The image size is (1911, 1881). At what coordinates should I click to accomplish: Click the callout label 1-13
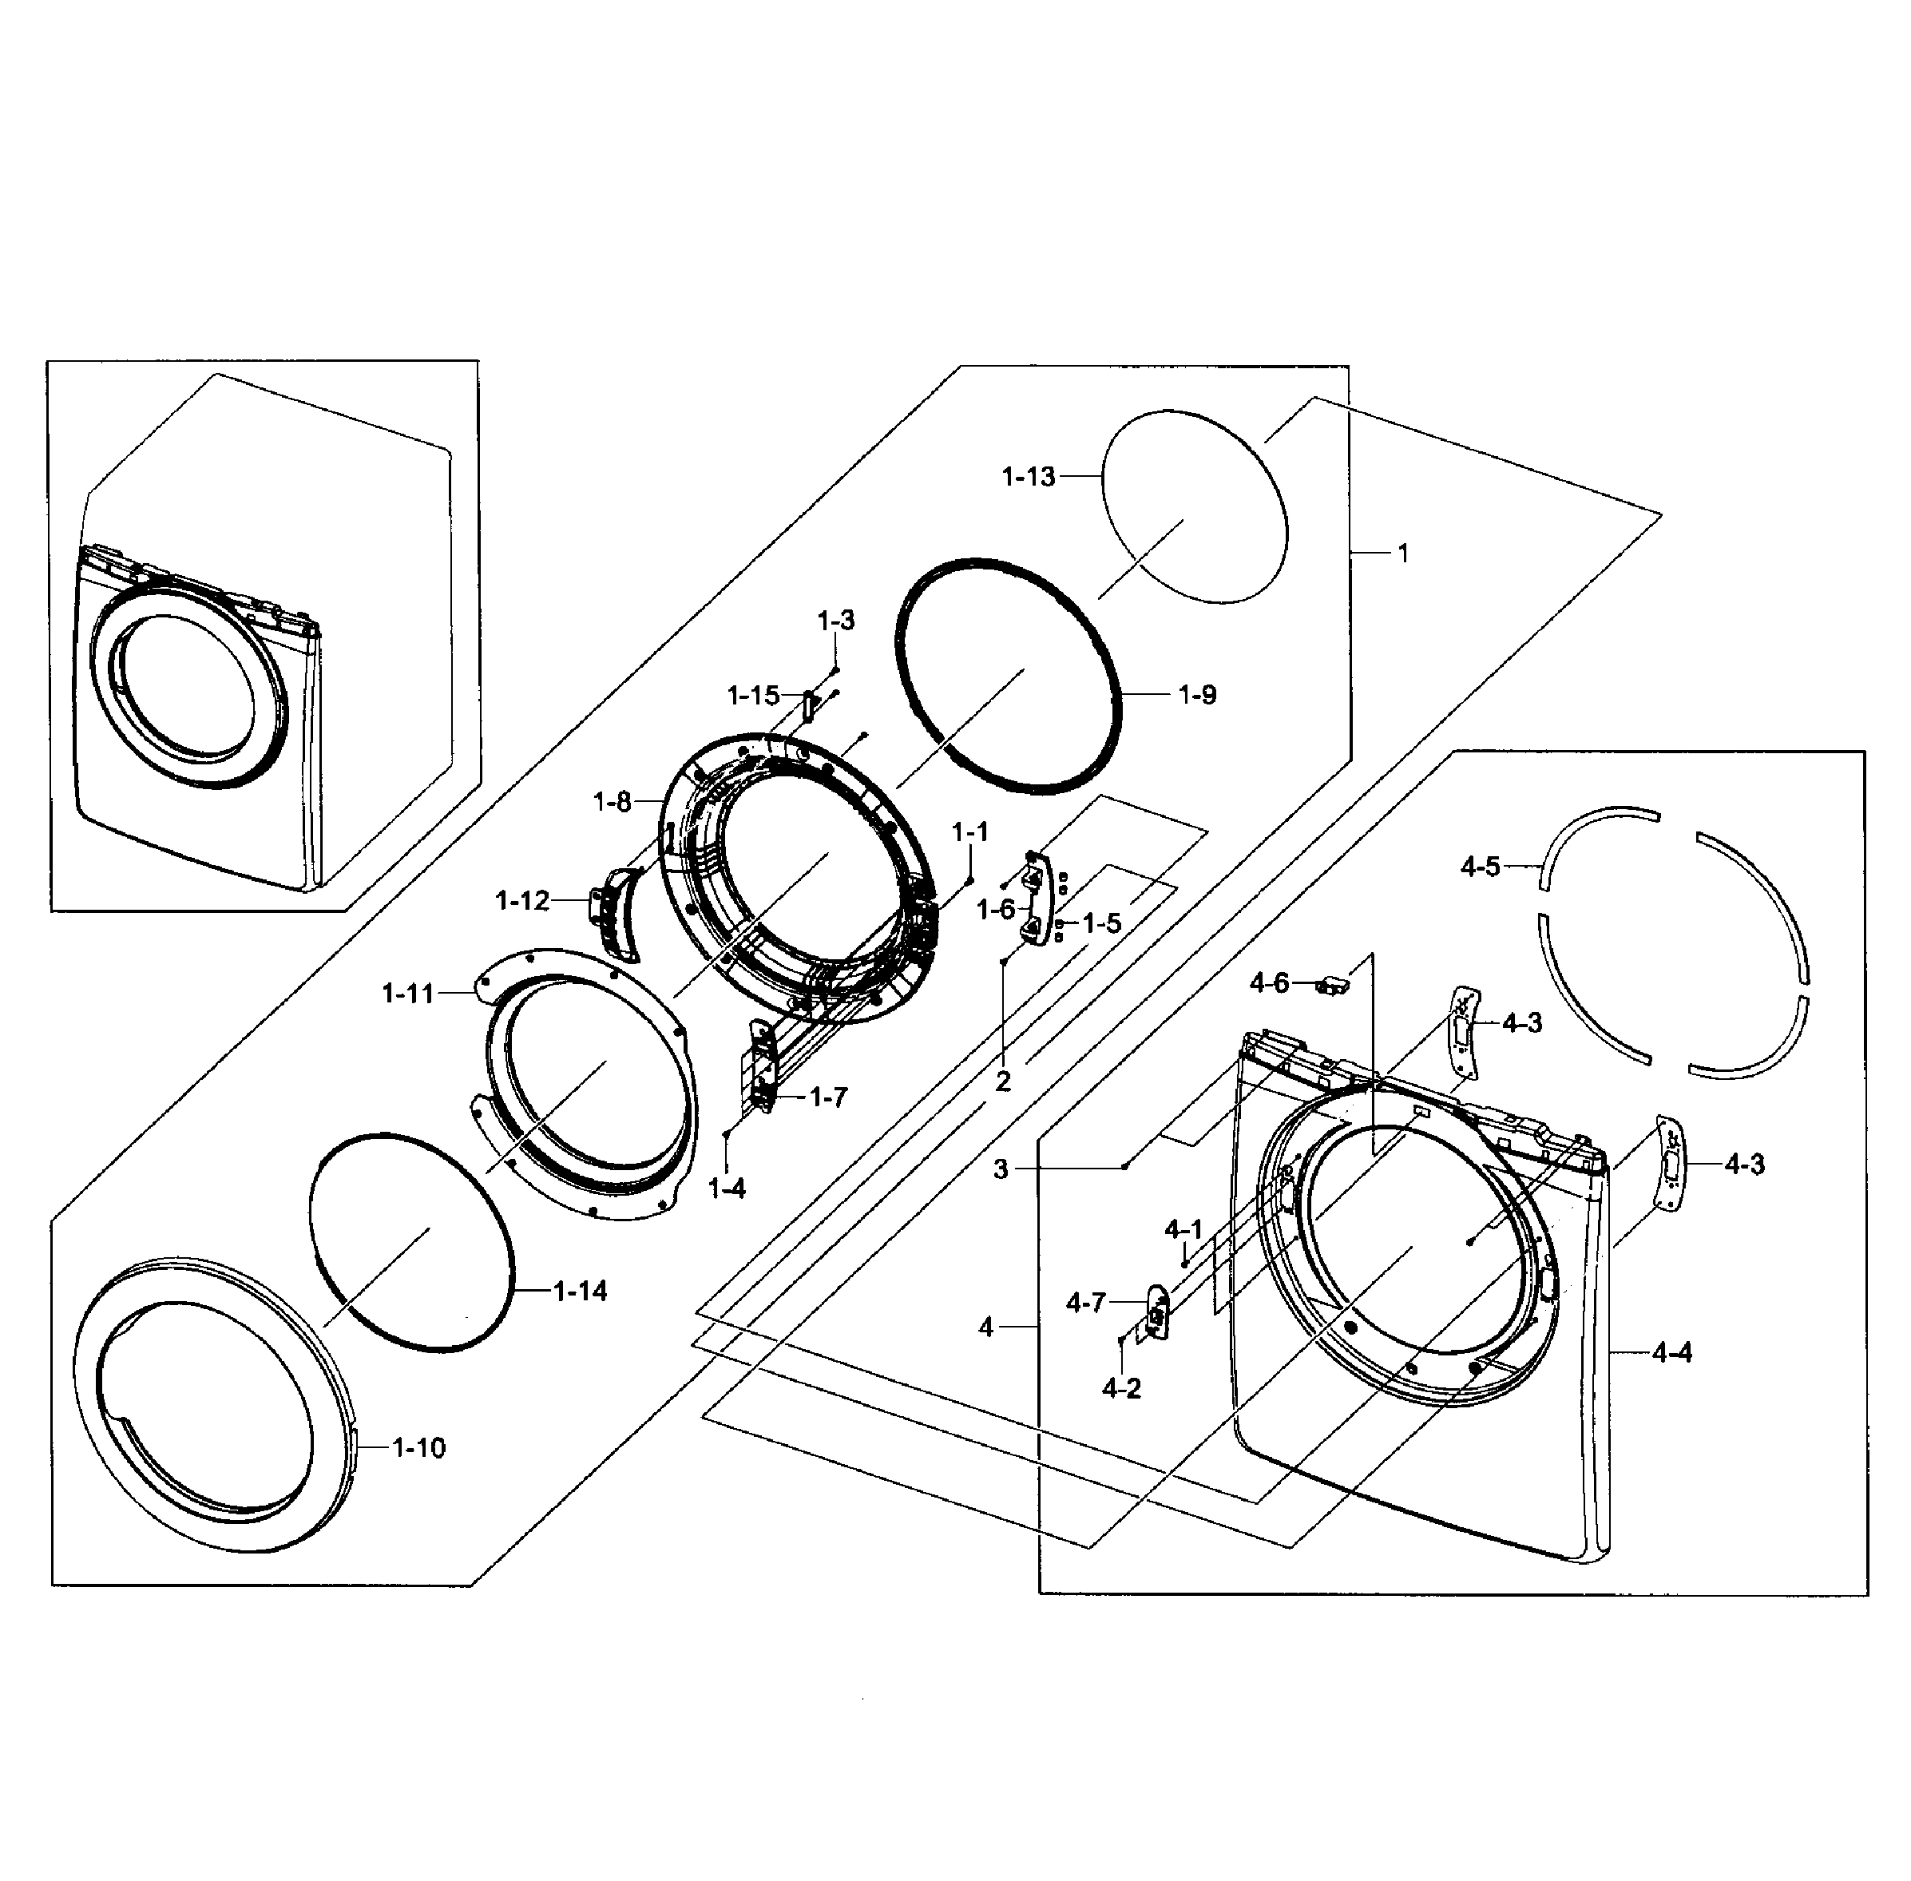[x=1028, y=477]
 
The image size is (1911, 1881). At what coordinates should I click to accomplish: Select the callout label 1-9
[x=1197, y=695]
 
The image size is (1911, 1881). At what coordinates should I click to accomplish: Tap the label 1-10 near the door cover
[x=418, y=1448]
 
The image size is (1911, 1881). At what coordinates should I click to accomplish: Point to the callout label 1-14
[x=580, y=1292]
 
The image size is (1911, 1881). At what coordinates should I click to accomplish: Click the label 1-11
[x=408, y=994]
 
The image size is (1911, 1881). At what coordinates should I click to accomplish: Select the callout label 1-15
[x=754, y=696]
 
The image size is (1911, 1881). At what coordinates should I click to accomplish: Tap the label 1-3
[x=835, y=621]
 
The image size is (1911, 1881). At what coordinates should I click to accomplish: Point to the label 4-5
[x=1480, y=867]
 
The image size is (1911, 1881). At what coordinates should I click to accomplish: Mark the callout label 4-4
[x=1671, y=1352]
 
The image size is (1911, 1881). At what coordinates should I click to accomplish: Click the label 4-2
[x=1121, y=1389]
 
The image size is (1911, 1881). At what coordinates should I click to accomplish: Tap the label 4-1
[x=1183, y=1229]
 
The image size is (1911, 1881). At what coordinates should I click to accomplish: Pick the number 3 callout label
[x=1001, y=1169]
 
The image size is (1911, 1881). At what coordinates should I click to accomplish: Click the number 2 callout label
[x=1002, y=1081]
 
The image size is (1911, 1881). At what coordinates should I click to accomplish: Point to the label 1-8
[x=612, y=801]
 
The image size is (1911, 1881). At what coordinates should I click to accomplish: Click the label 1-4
[x=727, y=1189]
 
